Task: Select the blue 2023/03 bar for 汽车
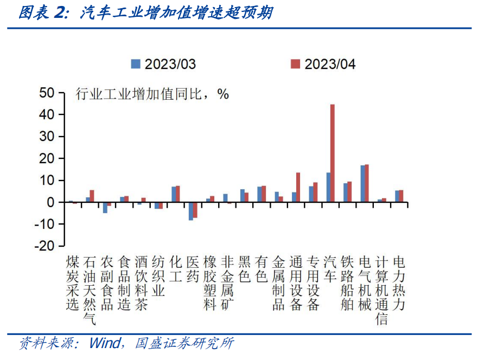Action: tap(328, 187)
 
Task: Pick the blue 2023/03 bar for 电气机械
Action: tap(362, 184)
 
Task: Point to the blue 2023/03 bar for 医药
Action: tap(191, 211)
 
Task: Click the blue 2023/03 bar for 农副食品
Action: tap(105, 208)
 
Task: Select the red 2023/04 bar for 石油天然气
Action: tap(92, 196)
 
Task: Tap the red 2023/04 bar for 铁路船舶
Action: tap(349, 192)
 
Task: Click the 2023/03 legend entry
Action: tap(163, 64)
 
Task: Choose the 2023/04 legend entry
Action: tap(323, 64)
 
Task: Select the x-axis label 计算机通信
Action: tap(381, 290)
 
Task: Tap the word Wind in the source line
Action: tap(106, 344)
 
